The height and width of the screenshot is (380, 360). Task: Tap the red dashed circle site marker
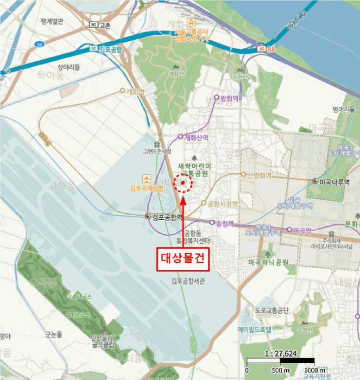[x=184, y=183]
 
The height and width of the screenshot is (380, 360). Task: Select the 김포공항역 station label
[x=165, y=217]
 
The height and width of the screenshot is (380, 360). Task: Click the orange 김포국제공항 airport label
[x=147, y=188]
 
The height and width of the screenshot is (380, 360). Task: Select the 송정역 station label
[x=224, y=223]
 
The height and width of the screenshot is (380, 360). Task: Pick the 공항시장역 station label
[x=223, y=204]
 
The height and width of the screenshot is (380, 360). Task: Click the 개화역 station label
[x=134, y=91]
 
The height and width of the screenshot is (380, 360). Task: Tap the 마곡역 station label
[x=302, y=230]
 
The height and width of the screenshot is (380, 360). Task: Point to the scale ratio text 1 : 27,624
[x=280, y=353]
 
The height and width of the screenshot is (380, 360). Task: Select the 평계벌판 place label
[x=52, y=22]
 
